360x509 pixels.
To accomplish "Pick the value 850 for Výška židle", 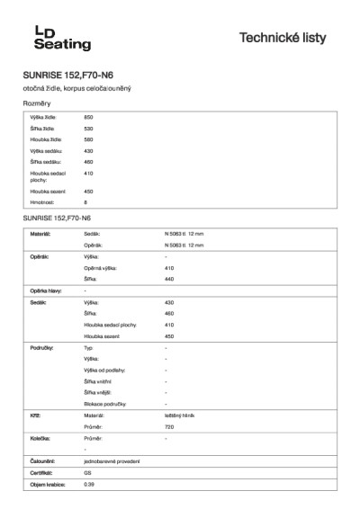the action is click(x=88, y=118).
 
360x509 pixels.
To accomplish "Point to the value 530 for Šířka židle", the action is click(x=88, y=129).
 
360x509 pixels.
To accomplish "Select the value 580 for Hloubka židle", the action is click(x=88, y=139).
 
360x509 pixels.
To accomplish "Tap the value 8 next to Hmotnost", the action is click(x=85, y=202).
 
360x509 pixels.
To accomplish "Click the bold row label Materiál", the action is click(x=40, y=233).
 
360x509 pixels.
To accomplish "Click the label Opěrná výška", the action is click(x=100, y=268).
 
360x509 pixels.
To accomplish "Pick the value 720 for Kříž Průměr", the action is click(x=169, y=427).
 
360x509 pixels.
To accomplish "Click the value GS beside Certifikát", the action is click(x=87, y=472).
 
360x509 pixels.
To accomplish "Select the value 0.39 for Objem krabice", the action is click(x=89, y=484).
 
